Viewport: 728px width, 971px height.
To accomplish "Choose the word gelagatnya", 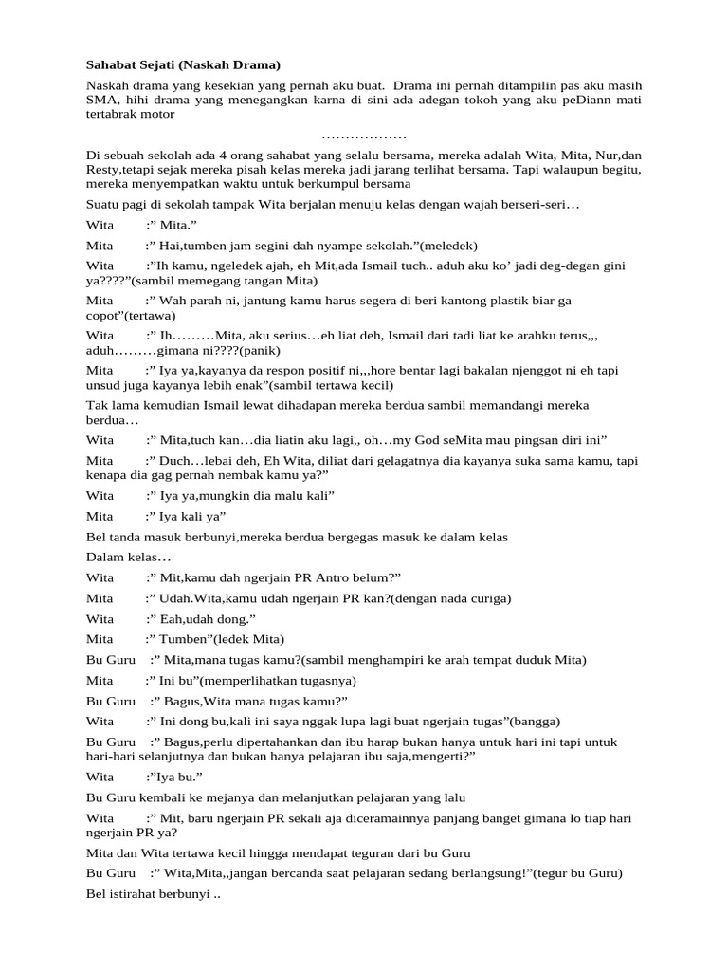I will (391, 461).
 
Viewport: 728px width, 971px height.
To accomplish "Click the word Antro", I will (337, 577).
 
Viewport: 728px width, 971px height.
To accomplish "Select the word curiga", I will (486, 598).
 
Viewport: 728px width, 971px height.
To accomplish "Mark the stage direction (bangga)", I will (533, 721).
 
